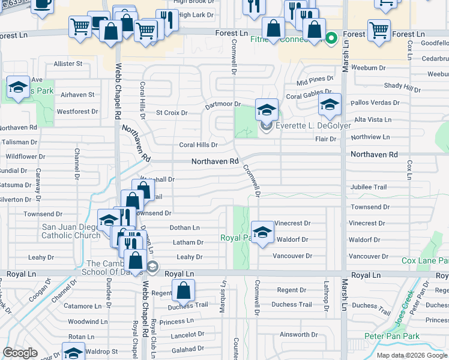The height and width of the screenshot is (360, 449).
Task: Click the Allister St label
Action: pyautogui.click(x=68, y=64)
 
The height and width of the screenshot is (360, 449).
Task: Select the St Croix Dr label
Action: pyautogui.click(x=172, y=113)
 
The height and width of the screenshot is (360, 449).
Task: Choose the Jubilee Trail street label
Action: pyautogui.click(x=369, y=187)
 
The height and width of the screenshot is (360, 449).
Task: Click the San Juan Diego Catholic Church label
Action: pyautogui.click(x=71, y=231)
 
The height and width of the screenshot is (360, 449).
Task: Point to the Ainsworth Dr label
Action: pyautogui.click(x=298, y=335)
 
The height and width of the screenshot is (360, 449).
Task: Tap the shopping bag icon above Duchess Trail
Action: pyautogui.click(x=183, y=292)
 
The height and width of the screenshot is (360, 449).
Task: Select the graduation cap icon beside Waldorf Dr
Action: pyautogui.click(x=262, y=233)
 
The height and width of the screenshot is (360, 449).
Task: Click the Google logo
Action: pyautogui.click(x=20, y=353)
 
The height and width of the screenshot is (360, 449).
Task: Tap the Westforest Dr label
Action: pyautogui.click(x=77, y=112)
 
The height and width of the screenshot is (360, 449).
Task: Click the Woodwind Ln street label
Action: pyautogui.click(x=88, y=322)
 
